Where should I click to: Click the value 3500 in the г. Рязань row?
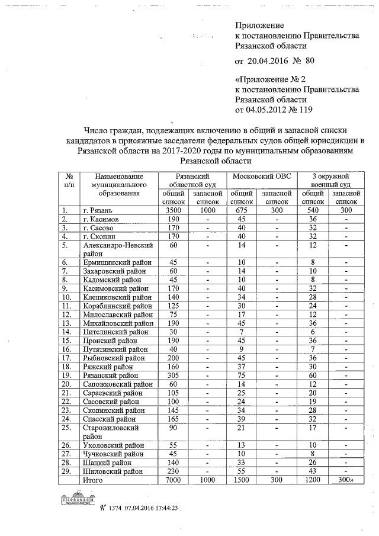(x=174, y=210)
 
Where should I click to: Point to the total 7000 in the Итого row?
(x=174, y=480)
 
